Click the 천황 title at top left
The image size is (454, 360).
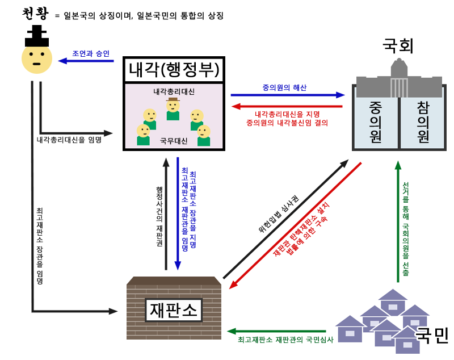35,14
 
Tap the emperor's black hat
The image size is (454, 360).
37,36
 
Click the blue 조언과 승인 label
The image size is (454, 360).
91,53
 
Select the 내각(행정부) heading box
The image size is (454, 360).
174,70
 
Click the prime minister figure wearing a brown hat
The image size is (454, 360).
173,109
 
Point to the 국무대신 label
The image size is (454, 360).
174,141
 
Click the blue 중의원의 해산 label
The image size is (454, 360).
284,87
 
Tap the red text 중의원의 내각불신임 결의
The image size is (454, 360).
287,123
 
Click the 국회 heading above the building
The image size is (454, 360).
398,45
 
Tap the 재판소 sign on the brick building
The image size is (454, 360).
174,310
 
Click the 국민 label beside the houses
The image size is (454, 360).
431,336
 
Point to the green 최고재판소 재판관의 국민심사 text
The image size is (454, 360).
285,340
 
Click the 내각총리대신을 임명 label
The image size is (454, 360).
69,140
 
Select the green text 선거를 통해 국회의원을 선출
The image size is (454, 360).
406,229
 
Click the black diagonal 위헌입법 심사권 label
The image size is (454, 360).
279,214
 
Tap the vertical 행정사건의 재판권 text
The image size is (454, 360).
159,216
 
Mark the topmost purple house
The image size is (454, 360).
393,302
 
